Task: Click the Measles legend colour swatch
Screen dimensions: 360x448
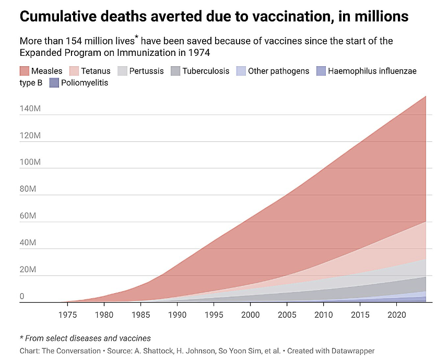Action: click(25, 71)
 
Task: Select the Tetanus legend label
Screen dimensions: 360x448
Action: click(96, 71)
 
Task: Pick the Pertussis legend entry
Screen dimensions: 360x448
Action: click(146, 71)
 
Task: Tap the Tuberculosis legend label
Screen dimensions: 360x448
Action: click(206, 71)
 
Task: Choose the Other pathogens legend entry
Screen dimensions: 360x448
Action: click(278, 71)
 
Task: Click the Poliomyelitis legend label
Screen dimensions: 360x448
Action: click(85, 82)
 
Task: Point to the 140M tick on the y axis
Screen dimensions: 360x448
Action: click(30, 109)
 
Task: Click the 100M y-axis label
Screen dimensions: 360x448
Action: click(30, 162)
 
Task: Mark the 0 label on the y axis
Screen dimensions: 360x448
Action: click(22, 296)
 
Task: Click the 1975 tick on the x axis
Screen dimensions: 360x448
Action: click(67, 315)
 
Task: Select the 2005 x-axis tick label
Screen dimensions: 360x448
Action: click(287, 315)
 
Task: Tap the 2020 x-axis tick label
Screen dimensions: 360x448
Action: click(396, 315)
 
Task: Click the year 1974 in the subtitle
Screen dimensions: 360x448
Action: click(207, 52)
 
